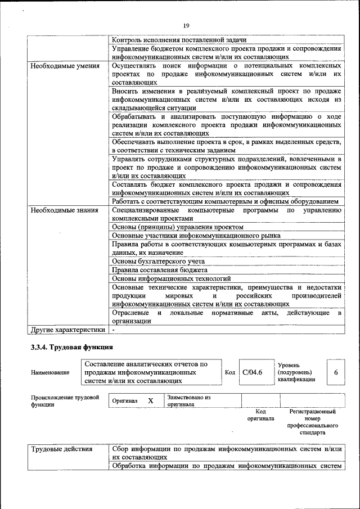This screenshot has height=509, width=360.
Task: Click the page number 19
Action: [x=186, y=25]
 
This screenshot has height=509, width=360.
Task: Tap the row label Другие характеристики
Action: [x=68, y=330]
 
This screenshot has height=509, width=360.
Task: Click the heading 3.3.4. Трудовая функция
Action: [x=73, y=347]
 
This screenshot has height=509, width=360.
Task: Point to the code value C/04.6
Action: [x=253, y=372]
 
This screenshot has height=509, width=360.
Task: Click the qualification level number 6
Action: [x=336, y=372]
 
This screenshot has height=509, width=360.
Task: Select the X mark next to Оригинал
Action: [x=150, y=400]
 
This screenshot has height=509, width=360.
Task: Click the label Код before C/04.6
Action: [x=230, y=372]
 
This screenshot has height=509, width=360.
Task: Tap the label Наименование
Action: [x=51, y=372]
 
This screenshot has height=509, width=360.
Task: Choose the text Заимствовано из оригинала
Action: [x=188, y=400]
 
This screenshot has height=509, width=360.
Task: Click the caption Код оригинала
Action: [x=260, y=415]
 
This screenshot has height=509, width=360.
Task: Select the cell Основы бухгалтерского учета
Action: [x=158, y=262]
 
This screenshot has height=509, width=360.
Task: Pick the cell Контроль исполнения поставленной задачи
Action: [x=179, y=40]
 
